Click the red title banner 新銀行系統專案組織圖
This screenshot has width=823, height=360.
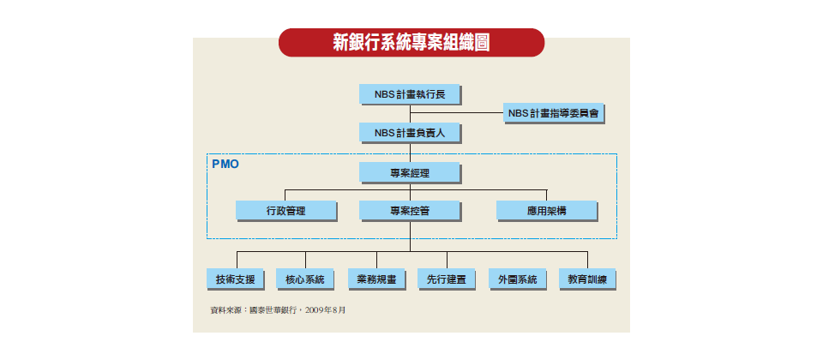[x=411, y=43]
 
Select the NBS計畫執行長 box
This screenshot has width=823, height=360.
[x=410, y=94]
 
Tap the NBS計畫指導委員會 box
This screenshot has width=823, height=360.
[x=554, y=113]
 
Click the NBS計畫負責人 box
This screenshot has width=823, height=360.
[x=410, y=133]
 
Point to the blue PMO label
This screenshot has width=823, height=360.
[x=225, y=164]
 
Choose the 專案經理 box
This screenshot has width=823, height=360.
[x=410, y=172]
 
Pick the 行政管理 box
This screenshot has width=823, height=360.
[x=286, y=211]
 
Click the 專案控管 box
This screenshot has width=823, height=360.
[x=410, y=211]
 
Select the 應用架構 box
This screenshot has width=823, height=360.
[x=547, y=211]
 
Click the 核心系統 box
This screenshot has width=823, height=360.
[x=305, y=279]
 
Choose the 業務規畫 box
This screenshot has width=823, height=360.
[x=376, y=279]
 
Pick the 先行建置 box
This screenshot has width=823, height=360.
[x=447, y=279]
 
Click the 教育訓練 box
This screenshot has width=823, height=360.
[x=587, y=279]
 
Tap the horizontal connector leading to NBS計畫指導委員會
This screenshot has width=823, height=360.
[x=457, y=113]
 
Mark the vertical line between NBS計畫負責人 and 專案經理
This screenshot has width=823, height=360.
[x=410, y=153]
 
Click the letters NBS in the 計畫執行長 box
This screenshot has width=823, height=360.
[x=383, y=94]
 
